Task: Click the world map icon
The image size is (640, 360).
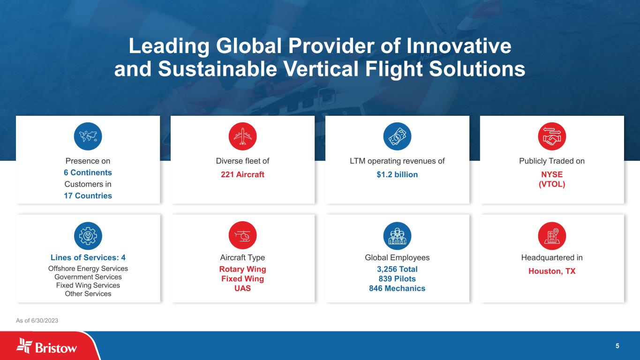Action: coord(88,136)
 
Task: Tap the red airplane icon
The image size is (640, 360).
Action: coord(242,136)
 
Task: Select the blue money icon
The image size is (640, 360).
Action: coord(397,136)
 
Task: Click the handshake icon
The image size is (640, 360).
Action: coord(552,136)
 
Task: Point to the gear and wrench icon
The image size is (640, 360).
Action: coord(88,236)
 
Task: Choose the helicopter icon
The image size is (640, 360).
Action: coord(242,236)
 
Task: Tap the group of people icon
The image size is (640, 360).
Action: coord(397,236)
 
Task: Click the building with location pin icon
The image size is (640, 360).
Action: coord(552,236)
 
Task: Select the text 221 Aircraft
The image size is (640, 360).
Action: coord(242,174)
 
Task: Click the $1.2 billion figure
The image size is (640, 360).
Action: coord(397,174)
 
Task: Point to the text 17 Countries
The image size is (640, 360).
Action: coord(88,196)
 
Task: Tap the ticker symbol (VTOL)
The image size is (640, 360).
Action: coord(552,184)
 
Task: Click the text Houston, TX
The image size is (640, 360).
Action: coord(552,271)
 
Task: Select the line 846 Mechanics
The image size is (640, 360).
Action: coord(397,288)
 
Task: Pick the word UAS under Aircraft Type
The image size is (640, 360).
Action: coord(242,288)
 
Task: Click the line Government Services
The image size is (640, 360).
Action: coord(88,277)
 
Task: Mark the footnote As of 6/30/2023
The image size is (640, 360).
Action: coord(37,321)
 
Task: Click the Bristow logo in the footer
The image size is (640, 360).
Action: coord(46,346)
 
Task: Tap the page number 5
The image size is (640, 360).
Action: coord(617,346)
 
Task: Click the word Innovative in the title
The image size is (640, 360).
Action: coord(459,46)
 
